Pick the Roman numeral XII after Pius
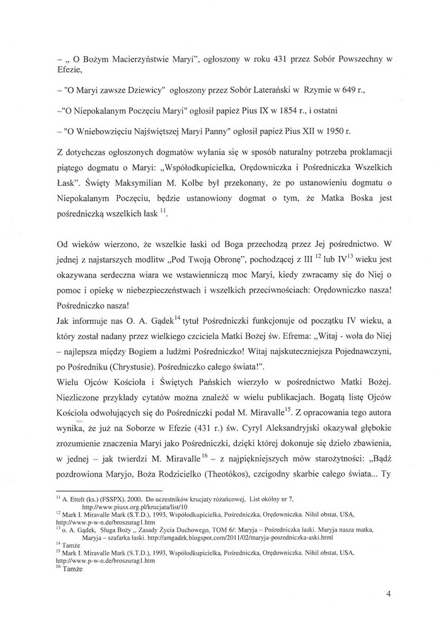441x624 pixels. (x=298, y=131)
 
